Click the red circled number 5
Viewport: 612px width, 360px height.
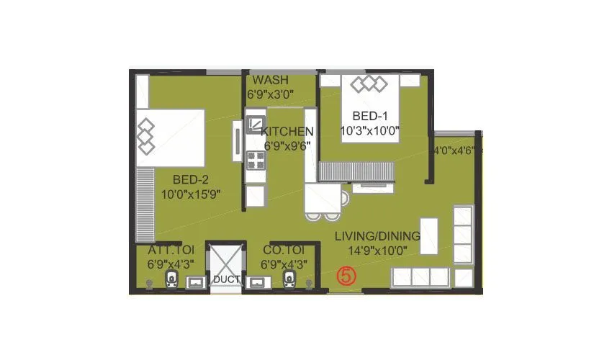pos(347,275)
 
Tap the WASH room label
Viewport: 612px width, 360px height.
pos(270,79)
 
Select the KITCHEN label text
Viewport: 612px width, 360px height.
pos(287,132)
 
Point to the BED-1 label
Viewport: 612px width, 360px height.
pos(369,117)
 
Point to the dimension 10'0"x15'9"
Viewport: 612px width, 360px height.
pos(190,194)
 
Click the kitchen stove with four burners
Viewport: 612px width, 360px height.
pos(255,160)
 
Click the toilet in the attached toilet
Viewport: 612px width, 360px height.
pos(171,279)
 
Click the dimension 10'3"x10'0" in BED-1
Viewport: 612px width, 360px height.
pos(370,131)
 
